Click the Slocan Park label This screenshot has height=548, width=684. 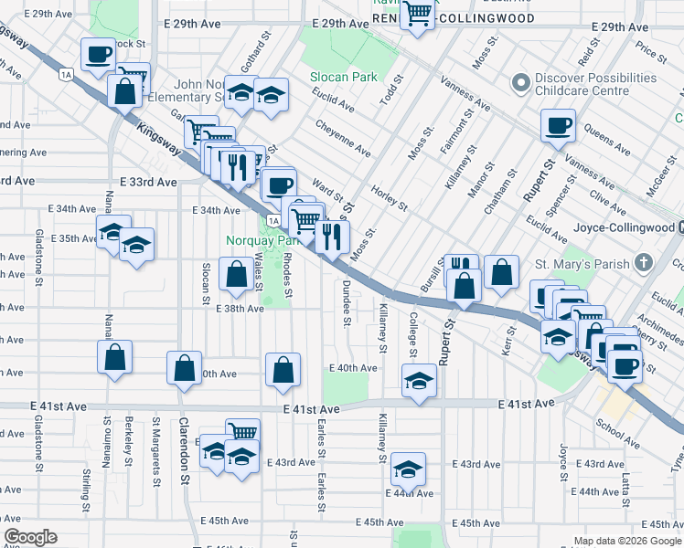pyautogui.click(x=344, y=78)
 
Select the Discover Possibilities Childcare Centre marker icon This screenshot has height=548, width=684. pyautogui.click(x=521, y=84)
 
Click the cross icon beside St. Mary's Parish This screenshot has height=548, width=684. pyautogui.click(x=644, y=264)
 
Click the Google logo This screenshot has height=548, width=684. pyautogui.click(x=30, y=537)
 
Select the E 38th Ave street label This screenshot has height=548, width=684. pyautogui.click(x=240, y=309)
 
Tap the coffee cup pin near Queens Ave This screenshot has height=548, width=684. pyautogui.click(x=558, y=126)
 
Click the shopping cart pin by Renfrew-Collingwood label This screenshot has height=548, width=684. pyautogui.click(x=418, y=14)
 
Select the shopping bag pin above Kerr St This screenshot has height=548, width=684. pyautogui.click(x=502, y=271)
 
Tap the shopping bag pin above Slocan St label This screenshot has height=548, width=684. pyautogui.click(x=237, y=274)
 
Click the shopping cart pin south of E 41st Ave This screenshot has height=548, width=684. pyautogui.click(x=242, y=433)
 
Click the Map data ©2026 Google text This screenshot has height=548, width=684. pyautogui.click(x=626, y=541)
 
